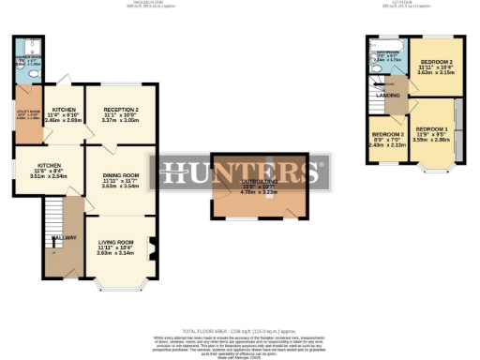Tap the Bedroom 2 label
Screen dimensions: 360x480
[433, 63]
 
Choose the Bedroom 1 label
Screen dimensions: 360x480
[432, 127]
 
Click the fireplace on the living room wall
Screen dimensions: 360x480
[149, 249]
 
